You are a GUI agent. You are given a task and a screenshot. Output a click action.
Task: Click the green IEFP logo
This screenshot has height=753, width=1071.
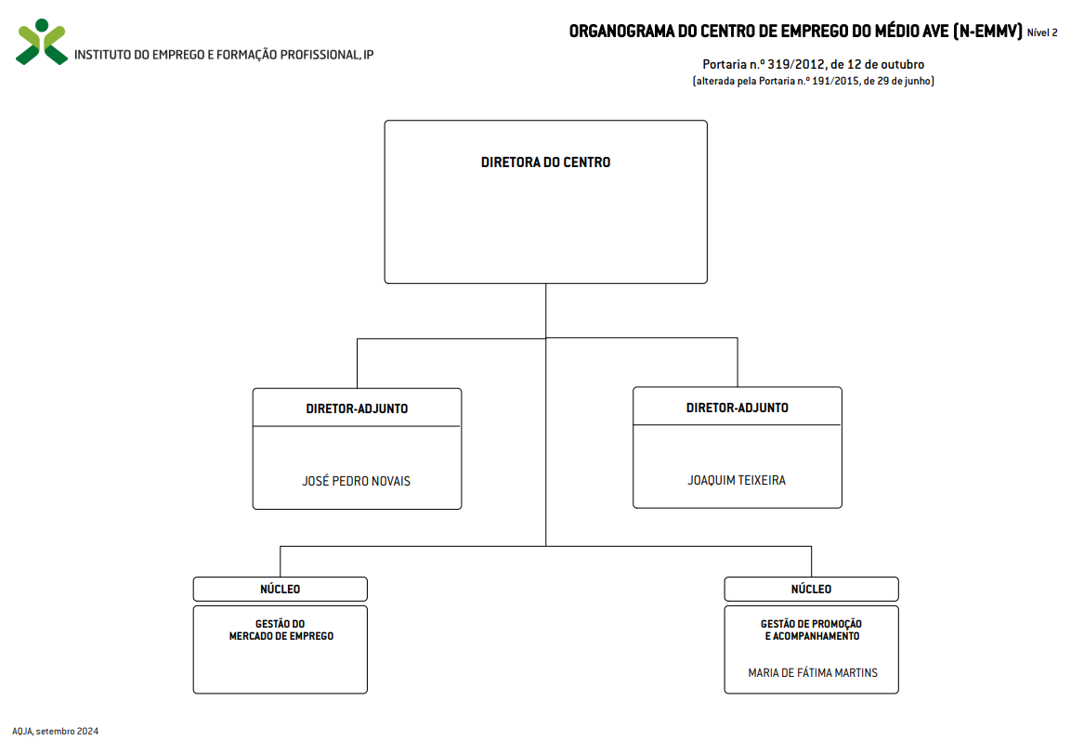click(x=42, y=42)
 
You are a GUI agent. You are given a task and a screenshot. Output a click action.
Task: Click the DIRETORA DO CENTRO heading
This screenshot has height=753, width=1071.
click(x=546, y=162)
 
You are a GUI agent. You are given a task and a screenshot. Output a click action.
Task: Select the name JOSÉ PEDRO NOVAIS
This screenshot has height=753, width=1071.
click(x=357, y=481)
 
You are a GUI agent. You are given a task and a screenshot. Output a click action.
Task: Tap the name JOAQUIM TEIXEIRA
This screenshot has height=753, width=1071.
click(x=737, y=481)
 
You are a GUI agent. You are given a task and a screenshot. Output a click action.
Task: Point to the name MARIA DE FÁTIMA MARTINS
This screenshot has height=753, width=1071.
click(x=813, y=673)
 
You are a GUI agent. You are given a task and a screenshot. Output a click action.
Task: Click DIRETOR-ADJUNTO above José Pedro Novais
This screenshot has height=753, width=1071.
click(x=357, y=409)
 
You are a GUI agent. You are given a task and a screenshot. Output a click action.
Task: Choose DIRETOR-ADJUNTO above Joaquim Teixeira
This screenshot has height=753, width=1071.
click(x=737, y=408)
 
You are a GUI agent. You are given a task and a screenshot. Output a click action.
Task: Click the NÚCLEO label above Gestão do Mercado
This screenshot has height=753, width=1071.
click(x=280, y=590)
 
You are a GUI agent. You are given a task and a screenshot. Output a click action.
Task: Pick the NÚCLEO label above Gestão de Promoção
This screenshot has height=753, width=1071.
click(x=812, y=590)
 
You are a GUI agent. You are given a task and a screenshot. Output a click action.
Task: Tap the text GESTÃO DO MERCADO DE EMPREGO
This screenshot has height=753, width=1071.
click(x=281, y=630)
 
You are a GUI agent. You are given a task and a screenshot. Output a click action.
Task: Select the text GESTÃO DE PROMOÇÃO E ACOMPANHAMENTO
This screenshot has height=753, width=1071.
click(x=812, y=630)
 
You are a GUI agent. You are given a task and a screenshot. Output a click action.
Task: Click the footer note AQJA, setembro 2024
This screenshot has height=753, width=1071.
click(x=56, y=731)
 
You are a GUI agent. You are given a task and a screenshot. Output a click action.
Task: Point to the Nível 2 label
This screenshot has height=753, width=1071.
click(x=1042, y=32)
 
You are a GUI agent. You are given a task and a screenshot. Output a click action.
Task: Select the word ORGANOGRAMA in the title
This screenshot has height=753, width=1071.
click(x=621, y=32)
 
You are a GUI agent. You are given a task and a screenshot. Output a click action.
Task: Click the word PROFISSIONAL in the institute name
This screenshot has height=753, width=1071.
click(x=320, y=55)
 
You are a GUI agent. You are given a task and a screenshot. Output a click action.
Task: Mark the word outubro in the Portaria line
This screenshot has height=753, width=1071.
click(x=902, y=64)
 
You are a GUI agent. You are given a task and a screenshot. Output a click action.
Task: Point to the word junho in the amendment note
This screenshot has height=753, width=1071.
click(x=919, y=81)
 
